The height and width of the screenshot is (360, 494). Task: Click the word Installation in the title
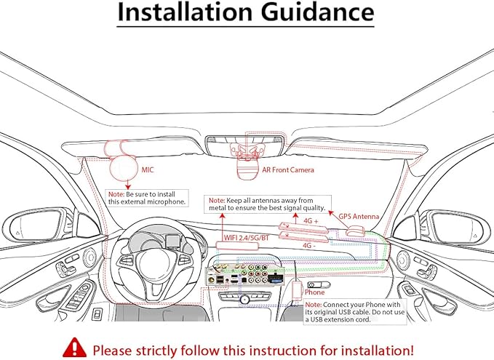[x=185, y=12]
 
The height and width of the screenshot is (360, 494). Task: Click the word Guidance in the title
[x=317, y=12]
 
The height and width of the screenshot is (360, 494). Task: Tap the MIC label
[x=148, y=170]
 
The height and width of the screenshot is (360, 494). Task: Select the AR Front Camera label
[x=288, y=170]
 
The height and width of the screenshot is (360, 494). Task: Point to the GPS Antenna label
[x=359, y=217]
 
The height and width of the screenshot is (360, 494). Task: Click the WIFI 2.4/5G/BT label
[x=247, y=238]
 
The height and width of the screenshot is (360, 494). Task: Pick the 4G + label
[x=311, y=221]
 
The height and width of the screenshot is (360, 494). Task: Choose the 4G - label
[x=308, y=245]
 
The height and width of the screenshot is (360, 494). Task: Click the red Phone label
[x=314, y=292]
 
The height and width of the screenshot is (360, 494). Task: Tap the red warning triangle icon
[x=74, y=348]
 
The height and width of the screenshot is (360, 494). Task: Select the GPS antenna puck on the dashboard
[x=355, y=232]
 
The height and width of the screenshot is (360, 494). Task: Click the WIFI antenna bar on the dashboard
[x=237, y=246]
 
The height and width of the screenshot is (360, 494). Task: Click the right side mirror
[x=456, y=227]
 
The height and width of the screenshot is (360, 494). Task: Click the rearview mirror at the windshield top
[x=245, y=145]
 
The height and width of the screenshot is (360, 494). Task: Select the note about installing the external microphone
[x=147, y=198]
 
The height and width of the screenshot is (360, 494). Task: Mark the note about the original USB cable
[x=355, y=312]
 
